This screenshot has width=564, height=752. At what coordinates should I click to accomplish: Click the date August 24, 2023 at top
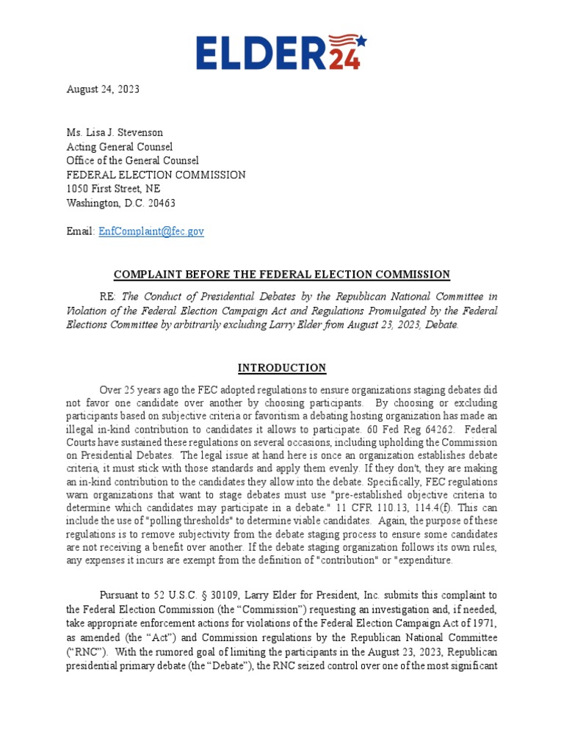click(x=103, y=90)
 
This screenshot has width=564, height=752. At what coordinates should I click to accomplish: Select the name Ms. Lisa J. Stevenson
click(x=115, y=133)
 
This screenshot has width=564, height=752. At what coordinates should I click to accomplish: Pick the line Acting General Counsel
click(x=120, y=147)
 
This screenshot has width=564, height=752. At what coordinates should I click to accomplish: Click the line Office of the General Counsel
click(x=132, y=161)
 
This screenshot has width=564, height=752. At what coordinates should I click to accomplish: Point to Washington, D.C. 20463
click(x=121, y=203)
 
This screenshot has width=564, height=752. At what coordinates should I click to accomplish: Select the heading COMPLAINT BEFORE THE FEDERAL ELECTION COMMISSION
click(x=281, y=274)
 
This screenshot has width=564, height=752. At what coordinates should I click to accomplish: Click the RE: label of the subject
click(x=110, y=296)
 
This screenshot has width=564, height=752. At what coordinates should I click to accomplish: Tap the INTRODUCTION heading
click(x=281, y=368)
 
